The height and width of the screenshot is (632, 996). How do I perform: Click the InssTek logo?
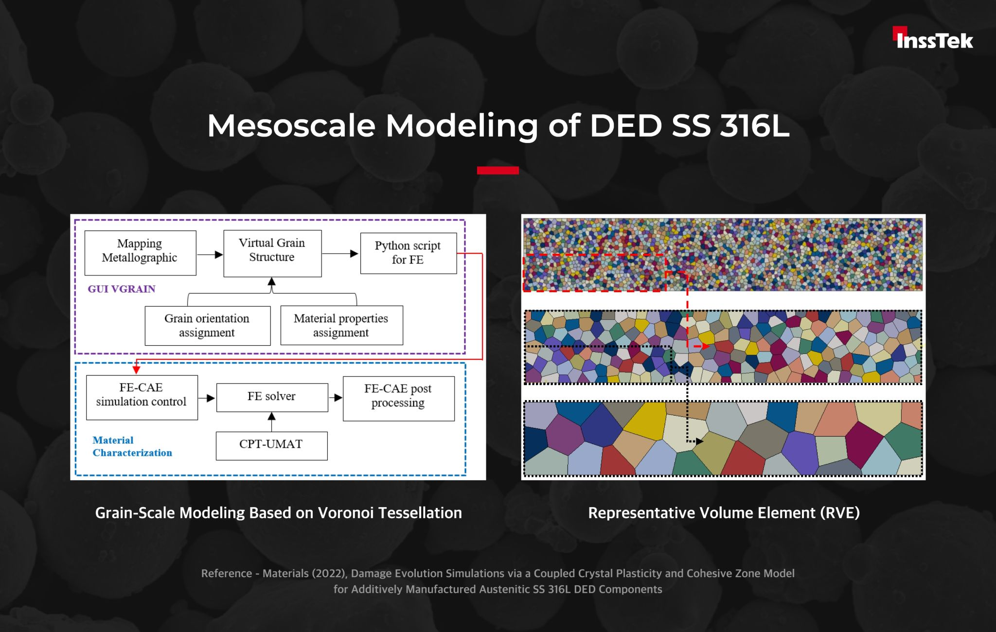933,38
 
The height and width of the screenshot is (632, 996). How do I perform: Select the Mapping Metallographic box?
140,253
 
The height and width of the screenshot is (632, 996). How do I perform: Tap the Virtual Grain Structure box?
272,253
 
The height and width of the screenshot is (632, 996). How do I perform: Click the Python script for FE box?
409,253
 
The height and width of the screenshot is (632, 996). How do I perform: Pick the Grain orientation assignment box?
208,326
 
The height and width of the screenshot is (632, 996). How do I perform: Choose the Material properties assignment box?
341,325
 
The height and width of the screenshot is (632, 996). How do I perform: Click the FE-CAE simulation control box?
142,397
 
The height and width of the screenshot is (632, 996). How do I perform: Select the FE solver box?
272,397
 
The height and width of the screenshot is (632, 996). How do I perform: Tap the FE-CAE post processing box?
399,398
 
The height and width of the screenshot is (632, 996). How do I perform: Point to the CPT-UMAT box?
271,446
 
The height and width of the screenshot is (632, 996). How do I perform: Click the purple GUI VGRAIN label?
122,289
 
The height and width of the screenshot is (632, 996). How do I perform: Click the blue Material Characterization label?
132,446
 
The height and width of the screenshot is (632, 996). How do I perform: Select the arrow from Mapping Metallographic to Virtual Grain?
210,254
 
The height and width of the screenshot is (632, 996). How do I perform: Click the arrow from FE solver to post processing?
336,398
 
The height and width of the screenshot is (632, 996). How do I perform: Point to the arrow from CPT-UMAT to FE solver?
272,422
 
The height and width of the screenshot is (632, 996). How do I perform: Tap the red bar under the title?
498,170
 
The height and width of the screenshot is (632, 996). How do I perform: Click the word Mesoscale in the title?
291,126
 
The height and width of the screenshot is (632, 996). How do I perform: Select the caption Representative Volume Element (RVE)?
724,513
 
